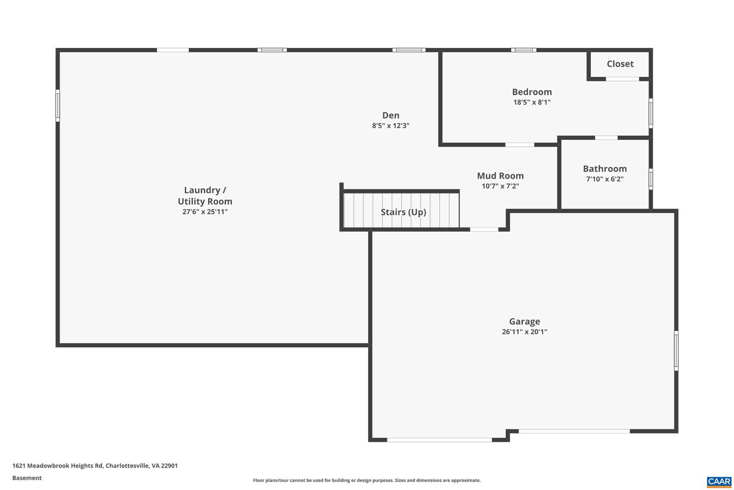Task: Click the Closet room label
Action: click(x=620, y=64)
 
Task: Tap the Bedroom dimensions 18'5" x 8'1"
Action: click(x=532, y=102)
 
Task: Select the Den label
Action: click(x=390, y=115)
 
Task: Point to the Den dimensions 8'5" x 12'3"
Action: click(x=390, y=126)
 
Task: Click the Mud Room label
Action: click(x=500, y=176)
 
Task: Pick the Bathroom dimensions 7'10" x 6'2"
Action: click(x=605, y=179)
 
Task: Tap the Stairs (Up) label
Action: click(x=403, y=212)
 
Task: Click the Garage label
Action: click(x=524, y=322)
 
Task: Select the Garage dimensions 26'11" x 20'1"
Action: click(x=524, y=332)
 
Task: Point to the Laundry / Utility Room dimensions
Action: click(x=205, y=212)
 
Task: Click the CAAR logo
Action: click(x=719, y=481)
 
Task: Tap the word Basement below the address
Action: click(x=27, y=478)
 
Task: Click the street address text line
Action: click(x=95, y=465)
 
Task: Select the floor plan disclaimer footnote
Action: click(x=366, y=480)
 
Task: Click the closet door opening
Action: click(x=622, y=79)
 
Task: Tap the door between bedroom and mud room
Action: click(x=519, y=145)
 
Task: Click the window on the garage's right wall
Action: click(x=676, y=350)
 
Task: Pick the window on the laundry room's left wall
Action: click(x=58, y=106)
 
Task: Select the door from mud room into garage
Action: click(x=484, y=230)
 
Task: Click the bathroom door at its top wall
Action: click(x=606, y=138)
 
